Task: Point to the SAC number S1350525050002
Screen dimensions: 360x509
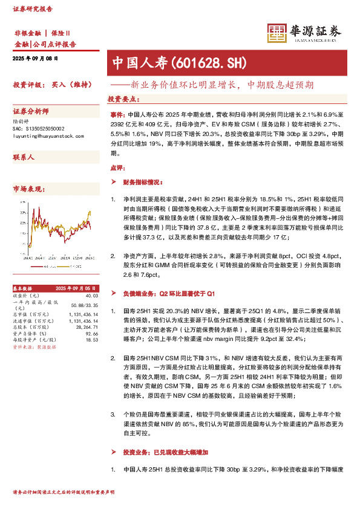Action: click(44, 129)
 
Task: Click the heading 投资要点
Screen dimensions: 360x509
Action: click(123, 99)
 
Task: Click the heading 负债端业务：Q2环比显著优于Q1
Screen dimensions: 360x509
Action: click(169, 293)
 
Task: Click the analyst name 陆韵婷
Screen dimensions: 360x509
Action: click(21, 121)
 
